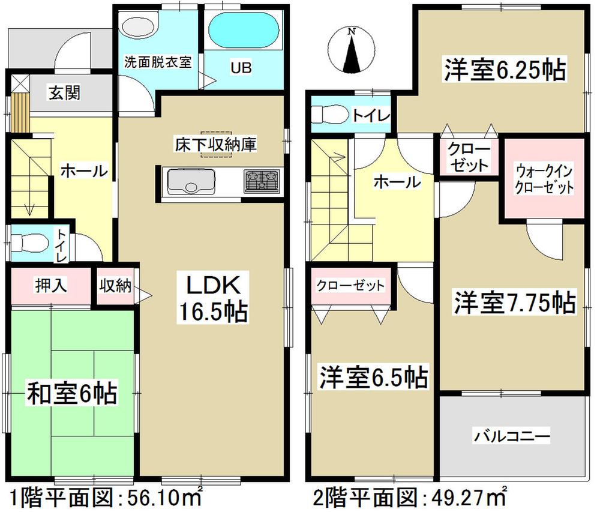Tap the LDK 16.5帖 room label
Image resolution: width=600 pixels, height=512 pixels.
coord(208,297)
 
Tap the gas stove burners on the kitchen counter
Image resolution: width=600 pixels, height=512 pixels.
coord(262,181)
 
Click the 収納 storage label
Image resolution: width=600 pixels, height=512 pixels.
coord(115,286)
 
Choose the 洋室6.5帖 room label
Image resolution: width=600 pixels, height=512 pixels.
coord(373,377)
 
